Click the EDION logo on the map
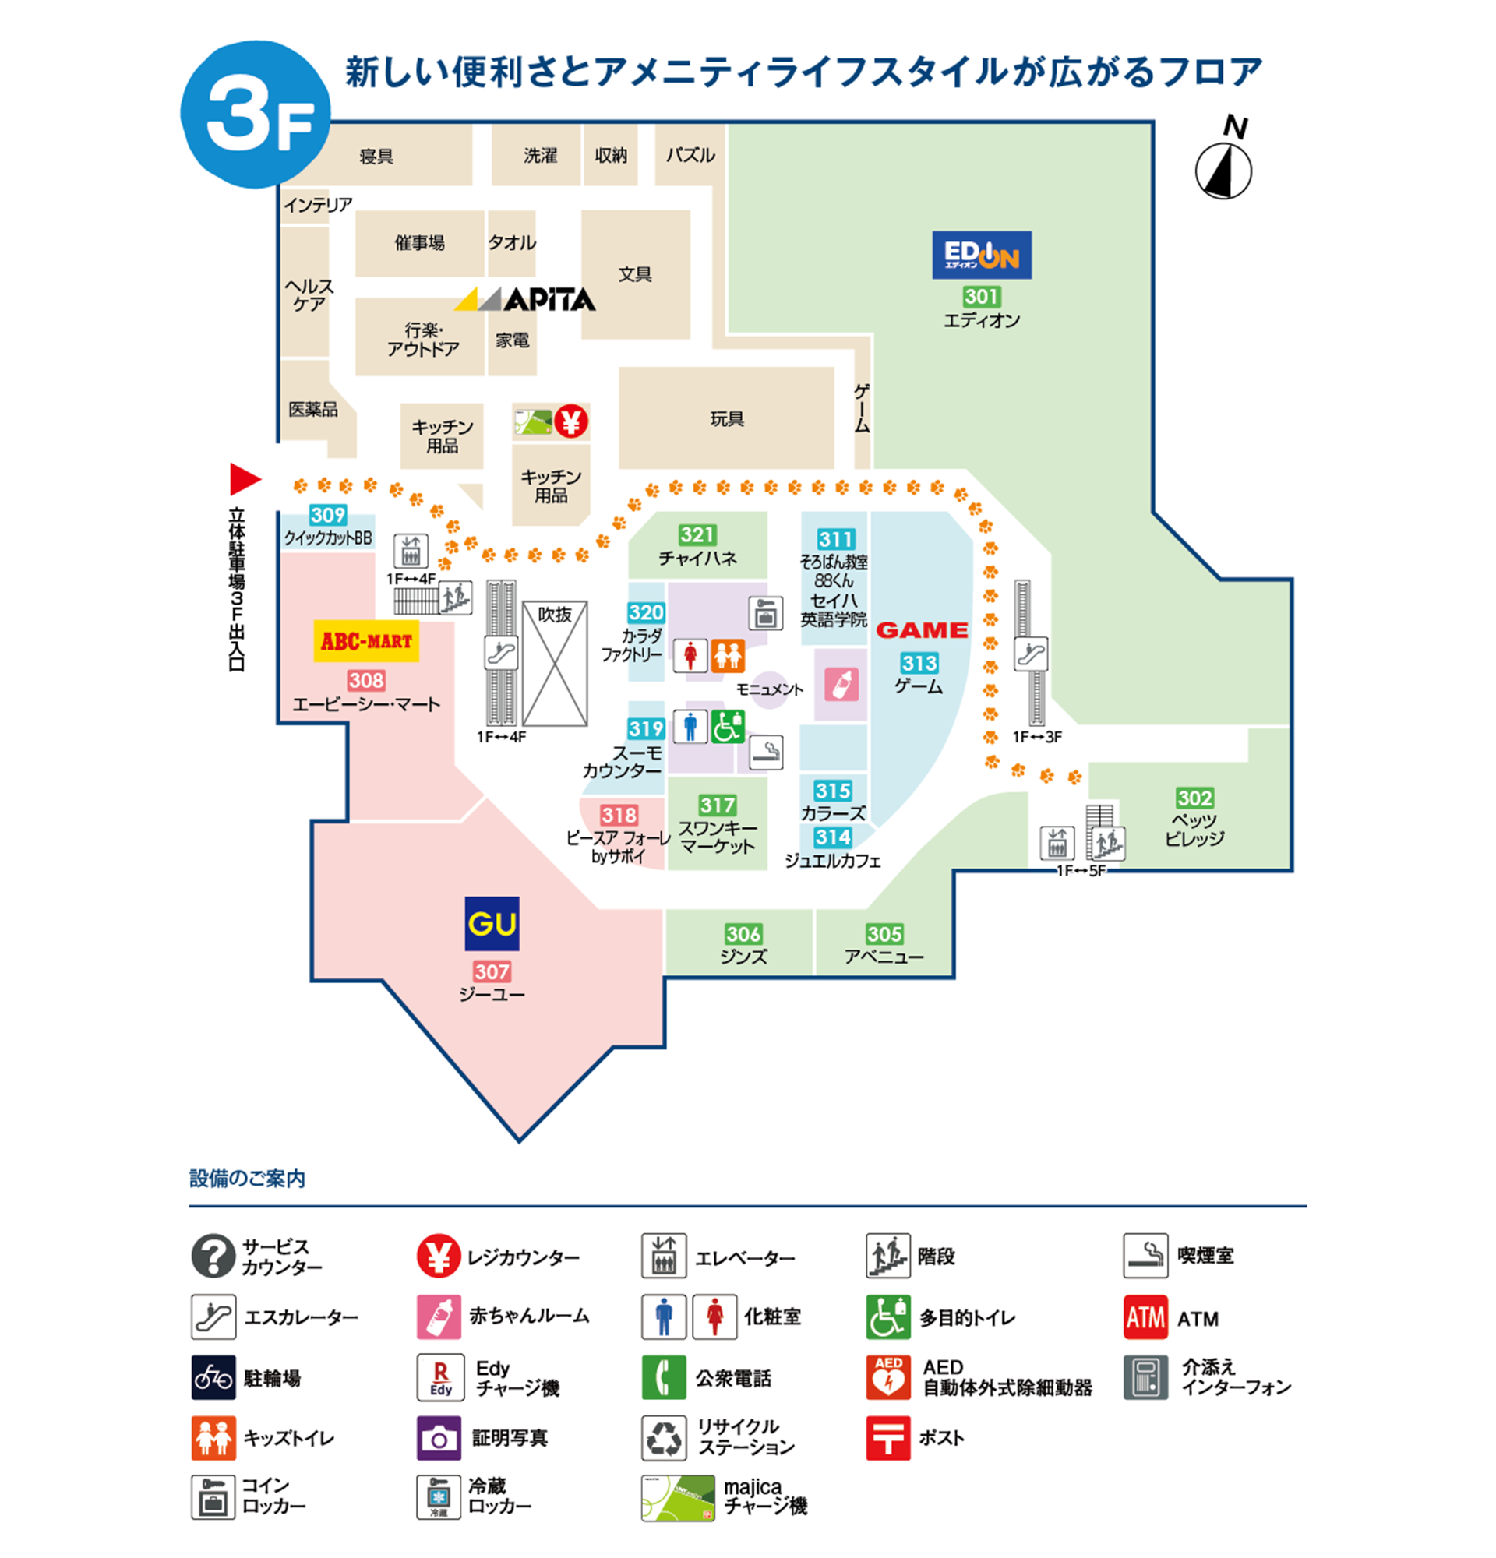pyautogui.click(x=981, y=255)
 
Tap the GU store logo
pyautogui.click(x=491, y=923)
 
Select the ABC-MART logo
pyautogui.click(x=365, y=640)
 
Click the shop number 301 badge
pyautogui.click(x=981, y=297)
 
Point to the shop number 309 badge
pyautogui.click(x=327, y=515)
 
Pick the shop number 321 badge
pyautogui.click(x=697, y=535)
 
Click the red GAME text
pyautogui.click(x=921, y=630)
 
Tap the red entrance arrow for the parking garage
pyautogui.click(x=245, y=478)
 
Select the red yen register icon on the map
pyautogui.click(x=570, y=421)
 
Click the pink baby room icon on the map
pyautogui.click(x=841, y=685)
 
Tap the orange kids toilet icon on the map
pyautogui.click(x=727, y=656)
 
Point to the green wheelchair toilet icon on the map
pyautogui.click(x=727, y=727)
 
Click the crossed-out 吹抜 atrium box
pyautogui.click(x=555, y=663)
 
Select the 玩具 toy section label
pyautogui.click(x=726, y=419)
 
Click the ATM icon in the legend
pyautogui.click(x=1145, y=1317)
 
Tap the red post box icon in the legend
pyautogui.click(x=887, y=1437)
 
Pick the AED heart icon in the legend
pyautogui.click(x=887, y=1376)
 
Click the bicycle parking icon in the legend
pyautogui.click(x=213, y=1376)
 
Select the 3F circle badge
pyautogui.click(x=256, y=116)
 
